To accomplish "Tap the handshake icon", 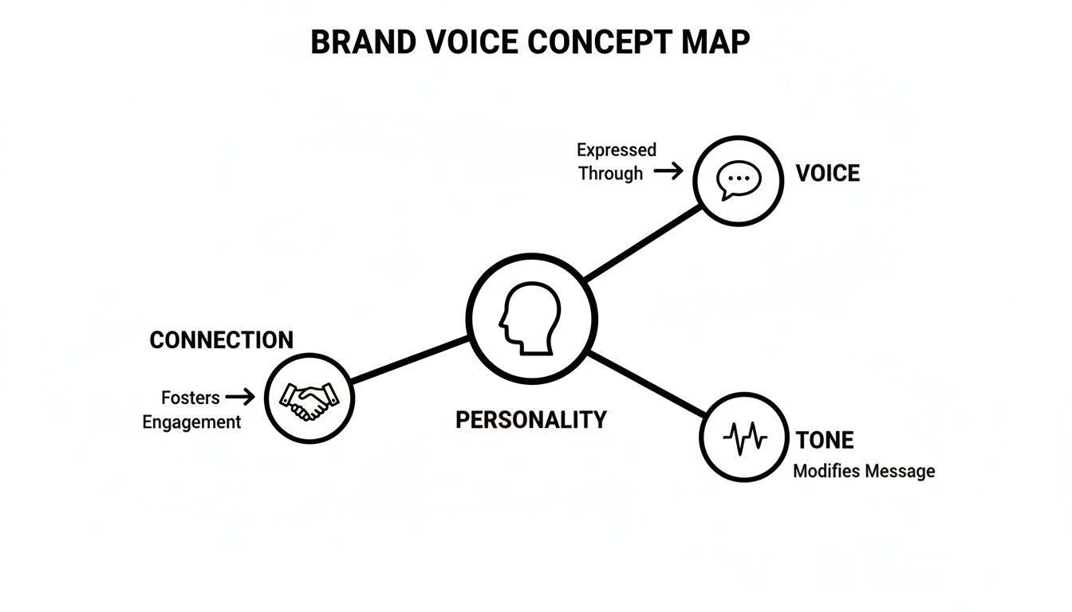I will click(309, 398).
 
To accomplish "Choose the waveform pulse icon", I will click(744, 437).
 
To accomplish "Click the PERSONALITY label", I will click(530, 420).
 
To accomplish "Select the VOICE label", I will click(828, 174).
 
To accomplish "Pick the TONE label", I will click(825, 440).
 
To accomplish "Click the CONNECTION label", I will click(221, 340).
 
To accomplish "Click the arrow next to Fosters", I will click(240, 396).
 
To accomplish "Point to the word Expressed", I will click(617, 150).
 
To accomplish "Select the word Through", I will click(610, 173).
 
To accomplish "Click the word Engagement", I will click(191, 422).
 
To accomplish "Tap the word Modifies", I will click(826, 471).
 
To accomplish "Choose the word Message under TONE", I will click(900, 471).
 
